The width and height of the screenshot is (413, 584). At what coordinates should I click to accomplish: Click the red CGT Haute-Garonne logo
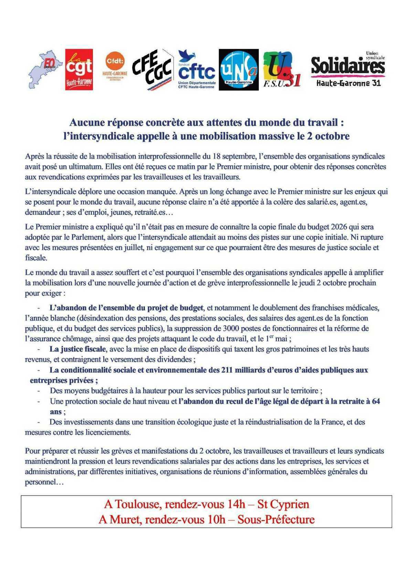click(x=79, y=70)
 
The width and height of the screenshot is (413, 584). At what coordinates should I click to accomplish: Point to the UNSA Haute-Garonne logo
click(x=239, y=70)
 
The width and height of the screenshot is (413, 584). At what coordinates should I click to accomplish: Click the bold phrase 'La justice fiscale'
click(x=77, y=349)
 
